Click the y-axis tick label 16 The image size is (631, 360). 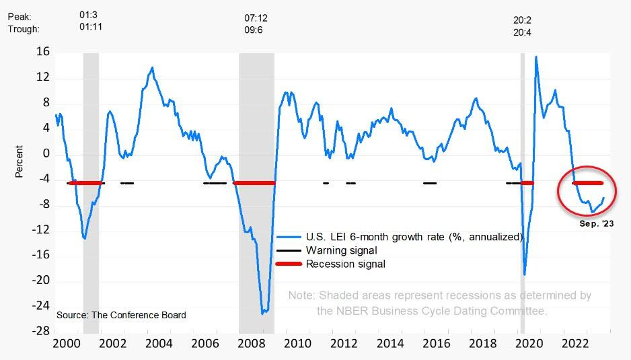pos(42,52)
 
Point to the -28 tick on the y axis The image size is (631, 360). pos(41,331)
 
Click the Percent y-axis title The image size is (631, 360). pos(20,161)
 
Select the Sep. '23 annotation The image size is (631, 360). pos(597,223)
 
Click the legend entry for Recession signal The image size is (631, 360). pos(345,264)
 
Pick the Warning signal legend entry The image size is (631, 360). pos(341,250)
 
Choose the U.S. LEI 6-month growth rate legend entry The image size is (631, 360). pos(414,237)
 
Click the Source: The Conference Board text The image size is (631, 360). pos(121,315)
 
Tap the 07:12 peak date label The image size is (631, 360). pos(256,17)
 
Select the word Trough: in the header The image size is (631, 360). pos(24,29)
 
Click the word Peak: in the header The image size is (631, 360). pos(20,15)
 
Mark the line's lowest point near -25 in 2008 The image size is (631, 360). pos(263,313)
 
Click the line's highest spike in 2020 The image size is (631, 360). pos(535,57)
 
